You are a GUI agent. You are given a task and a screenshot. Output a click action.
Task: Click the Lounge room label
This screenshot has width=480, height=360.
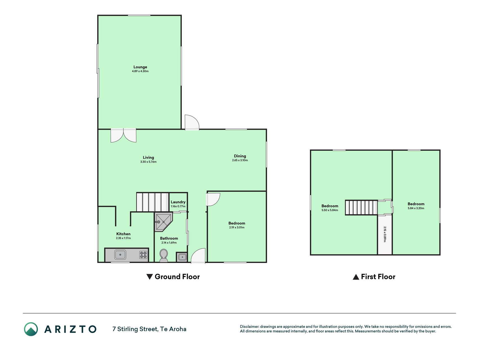pyautogui.click(x=140, y=67)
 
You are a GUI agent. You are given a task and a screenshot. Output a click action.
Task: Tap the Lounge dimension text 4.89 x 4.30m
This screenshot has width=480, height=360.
pyautogui.click(x=140, y=71)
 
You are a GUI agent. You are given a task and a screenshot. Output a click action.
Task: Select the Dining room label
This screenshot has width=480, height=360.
pyautogui.click(x=240, y=156)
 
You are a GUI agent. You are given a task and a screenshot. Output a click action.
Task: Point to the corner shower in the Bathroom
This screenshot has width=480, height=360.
pyautogui.click(x=163, y=222)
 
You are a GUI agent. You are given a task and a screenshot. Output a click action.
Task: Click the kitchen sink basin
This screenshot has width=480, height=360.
pyautogui.click(x=120, y=255)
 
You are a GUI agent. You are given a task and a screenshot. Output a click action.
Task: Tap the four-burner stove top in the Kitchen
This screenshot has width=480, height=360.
pyautogui.click(x=143, y=255)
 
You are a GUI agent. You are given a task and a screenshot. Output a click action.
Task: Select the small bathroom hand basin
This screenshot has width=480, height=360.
pyautogui.click(x=182, y=257)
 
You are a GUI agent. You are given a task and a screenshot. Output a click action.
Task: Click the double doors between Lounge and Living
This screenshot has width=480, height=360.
pyautogui.click(x=123, y=135)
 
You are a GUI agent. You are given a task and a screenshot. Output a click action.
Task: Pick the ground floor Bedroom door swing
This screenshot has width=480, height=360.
pyautogui.click(x=213, y=199)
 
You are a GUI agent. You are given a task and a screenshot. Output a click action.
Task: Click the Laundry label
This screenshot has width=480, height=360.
pyautogui.click(x=178, y=202)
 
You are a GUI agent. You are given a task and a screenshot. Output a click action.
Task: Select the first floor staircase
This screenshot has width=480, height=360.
pyautogui.click(x=361, y=208)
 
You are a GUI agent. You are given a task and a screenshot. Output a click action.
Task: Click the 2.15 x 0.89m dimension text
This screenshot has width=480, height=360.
pyautogui.click(x=385, y=234)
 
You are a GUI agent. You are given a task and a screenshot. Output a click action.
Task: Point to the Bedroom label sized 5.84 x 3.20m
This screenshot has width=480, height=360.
pyautogui.click(x=416, y=204)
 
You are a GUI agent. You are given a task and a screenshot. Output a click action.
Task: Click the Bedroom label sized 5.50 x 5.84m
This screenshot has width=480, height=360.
pyautogui.click(x=330, y=206)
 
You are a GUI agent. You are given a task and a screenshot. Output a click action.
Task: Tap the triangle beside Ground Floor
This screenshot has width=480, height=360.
pyautogui.click(x=150, y=277)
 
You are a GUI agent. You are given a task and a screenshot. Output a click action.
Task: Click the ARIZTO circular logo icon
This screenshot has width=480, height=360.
pyautogui.click(x=31, y=329)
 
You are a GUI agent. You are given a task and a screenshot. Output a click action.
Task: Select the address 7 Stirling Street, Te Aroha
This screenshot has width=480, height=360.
pyautogui.click(x=149, y=329)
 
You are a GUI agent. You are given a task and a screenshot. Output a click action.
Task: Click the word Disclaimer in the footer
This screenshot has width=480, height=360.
pyautogui.click(x=249, y=327)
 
